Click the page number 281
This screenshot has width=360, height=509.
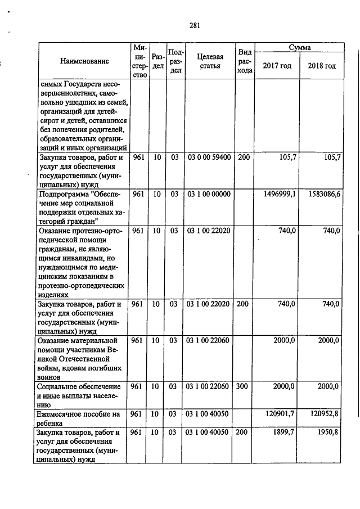pos(195,25)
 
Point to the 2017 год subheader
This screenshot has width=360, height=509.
pos(277,66)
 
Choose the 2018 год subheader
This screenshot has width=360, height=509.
pos(322,66)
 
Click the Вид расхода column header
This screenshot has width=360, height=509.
pos(244,61)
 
